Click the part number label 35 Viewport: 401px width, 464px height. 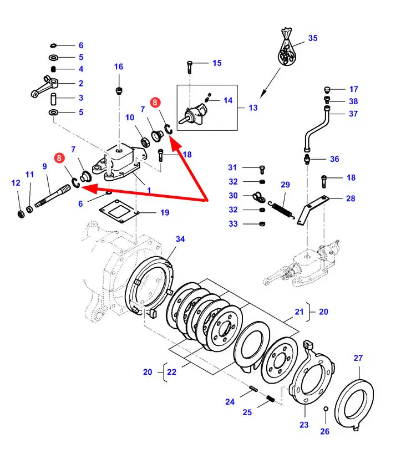pos(313,39)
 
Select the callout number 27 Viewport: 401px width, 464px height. pos(358,358)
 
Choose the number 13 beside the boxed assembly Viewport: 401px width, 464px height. pos(253,108)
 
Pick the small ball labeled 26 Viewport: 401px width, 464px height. pos(326,409)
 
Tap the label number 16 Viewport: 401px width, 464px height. pos(119,67)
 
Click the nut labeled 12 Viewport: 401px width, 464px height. pos(19,213)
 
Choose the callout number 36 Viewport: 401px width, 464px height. pos(334,159)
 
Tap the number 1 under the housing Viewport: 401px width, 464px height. pos(149,190)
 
